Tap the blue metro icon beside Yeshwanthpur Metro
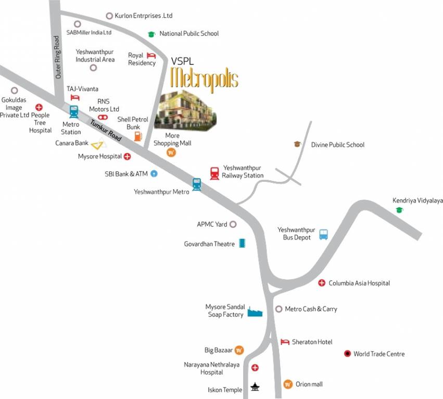click(x=196, y=184)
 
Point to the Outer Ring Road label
click(x=58, y=57)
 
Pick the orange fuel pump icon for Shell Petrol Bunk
click(x=138, y=136)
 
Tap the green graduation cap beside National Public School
click(x=151, y=34)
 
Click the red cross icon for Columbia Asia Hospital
click(x=322, y=283)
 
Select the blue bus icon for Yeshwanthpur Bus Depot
click(x=323, y=234)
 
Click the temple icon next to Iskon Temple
click(x=255, y=387)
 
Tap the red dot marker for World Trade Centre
click(x=347, y=354)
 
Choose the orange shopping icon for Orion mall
click(x=287, y=384)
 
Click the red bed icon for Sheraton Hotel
click(x=285, y=342)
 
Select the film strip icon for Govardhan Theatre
click(x=242, y=243)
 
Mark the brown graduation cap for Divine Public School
click(x=297, y=144)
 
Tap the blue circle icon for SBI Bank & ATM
click(x=154, y=174)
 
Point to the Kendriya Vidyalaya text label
click(x=417, y=201)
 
